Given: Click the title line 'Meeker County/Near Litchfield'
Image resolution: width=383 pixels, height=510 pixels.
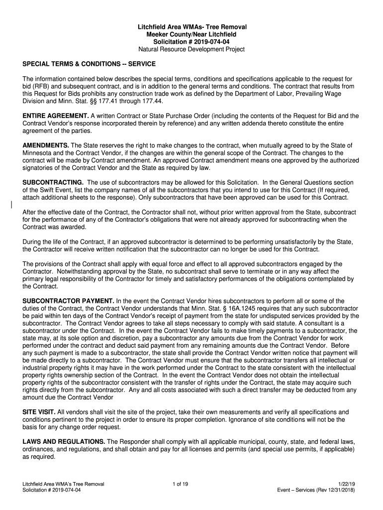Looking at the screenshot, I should pos(191,34).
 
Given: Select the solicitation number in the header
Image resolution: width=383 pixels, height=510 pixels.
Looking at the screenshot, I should pos(191,42).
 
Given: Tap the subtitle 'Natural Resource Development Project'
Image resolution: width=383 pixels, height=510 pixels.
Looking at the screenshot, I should pos(191,50).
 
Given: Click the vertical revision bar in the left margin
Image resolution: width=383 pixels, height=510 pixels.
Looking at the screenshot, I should pos(11,205).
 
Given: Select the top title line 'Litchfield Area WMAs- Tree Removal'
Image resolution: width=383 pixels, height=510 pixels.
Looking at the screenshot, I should pos(191,26).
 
